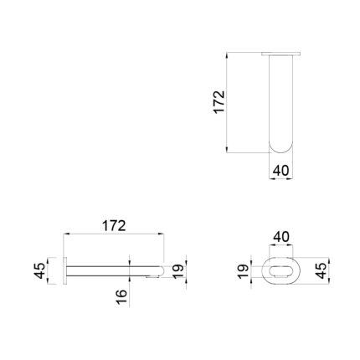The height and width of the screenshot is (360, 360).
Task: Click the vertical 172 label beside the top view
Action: [219, 102]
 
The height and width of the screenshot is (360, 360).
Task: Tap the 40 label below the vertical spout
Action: [280, 171]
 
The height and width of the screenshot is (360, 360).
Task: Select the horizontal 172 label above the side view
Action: [114, 226]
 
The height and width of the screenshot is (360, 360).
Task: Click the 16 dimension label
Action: [121, 297]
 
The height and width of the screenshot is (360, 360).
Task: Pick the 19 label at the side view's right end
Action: [178, 271]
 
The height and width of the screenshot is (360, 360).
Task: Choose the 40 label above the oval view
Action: [281, 237]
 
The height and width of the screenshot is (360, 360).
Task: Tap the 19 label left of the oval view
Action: [243, 271]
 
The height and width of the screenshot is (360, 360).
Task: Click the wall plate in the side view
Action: [65, 270]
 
